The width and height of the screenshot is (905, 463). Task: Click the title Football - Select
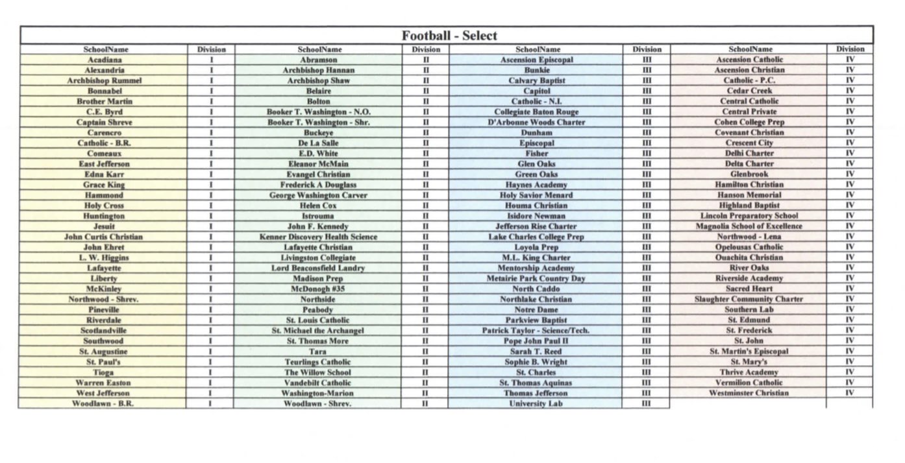click(449, 36)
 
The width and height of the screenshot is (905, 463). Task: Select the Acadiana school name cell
click(105, 60)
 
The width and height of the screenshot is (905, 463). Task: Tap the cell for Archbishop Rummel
click(105, 80)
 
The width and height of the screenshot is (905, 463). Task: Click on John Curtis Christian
click(103, 237)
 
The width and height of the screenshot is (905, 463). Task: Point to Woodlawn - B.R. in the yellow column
click(103, 403)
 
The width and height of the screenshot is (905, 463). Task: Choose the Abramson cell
click(318, 60)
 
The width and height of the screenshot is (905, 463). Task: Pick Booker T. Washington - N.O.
click(318, 112)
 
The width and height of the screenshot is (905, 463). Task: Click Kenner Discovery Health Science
click(318, 237)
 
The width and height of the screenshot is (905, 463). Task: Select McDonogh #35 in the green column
click(318, 289)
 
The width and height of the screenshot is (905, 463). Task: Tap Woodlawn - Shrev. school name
click(318, 403)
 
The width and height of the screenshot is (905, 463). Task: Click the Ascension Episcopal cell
click(536, 60)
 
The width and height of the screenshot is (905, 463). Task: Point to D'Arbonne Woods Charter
click(536, 122)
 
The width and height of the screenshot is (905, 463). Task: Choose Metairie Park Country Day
click(536, 278)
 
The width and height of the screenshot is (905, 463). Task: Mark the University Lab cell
click(536, 403)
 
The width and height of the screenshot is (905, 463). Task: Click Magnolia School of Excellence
click(749, 226)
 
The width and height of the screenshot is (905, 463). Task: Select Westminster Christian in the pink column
click(749, 393)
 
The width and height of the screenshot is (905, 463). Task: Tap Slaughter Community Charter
click(749, 299)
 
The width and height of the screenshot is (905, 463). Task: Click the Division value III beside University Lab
click(646, 403)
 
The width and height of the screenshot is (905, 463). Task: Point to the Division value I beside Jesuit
click(211, 226)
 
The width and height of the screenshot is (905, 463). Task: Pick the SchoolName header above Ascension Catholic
click(750, 49)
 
